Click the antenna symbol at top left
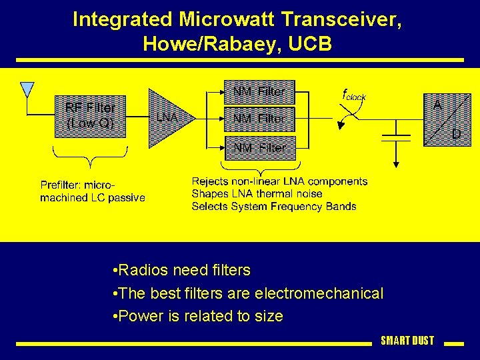(x=27, y=89)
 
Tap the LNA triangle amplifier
(x=168, y=117)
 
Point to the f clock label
(x=354, y=95)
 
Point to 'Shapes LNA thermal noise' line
(x=257, y=194)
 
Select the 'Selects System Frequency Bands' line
(x=273, y=207)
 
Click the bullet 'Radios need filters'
(x=182, y=270)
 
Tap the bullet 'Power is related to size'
(x=198, y=316)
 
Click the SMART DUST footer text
(x=407, y=341)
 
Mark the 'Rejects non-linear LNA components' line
(x=279, y=181)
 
